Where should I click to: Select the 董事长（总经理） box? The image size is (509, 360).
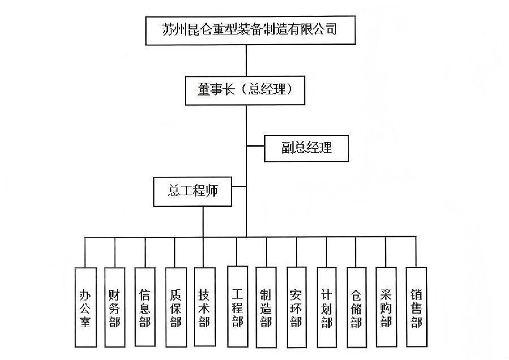click(246, 89)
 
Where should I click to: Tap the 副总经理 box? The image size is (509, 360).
click(306, 148)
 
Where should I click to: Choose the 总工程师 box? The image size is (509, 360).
click(192, 191)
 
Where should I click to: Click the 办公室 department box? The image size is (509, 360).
click(85, 306)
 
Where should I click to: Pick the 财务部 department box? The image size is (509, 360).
click(115, 306)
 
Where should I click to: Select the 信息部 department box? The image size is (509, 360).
click(145, 306)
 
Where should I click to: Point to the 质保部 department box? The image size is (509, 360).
click(175, 306)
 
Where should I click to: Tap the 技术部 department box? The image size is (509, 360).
click(204, 306)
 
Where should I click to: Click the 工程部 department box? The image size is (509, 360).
click(237, 306)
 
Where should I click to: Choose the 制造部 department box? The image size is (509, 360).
click(266, 306)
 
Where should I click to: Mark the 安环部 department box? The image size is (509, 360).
click(296, 306)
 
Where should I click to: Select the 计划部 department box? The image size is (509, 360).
click(326, 306)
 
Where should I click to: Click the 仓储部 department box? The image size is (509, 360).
click(356, 306)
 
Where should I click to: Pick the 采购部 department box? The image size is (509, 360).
click(386, 306)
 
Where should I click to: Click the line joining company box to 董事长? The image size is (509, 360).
click(246, 60)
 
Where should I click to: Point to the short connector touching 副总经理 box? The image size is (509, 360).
click(256, 148)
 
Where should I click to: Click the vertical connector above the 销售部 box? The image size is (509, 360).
click(416, 251)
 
